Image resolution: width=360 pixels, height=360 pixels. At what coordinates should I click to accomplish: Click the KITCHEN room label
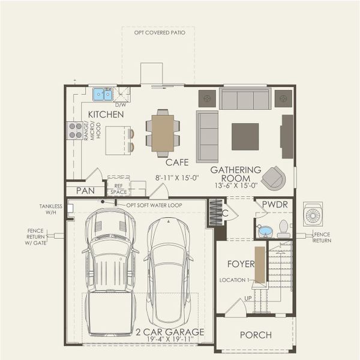(x=106, y=114)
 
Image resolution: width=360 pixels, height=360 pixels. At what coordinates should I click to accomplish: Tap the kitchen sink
(x=103, y=94)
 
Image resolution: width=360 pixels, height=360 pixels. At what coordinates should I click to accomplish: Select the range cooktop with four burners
(x=75, y=130)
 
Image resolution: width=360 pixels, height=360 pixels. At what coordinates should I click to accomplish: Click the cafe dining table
(x=163, y=133)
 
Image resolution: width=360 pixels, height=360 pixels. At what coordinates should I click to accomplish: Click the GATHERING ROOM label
(x=235, y=175)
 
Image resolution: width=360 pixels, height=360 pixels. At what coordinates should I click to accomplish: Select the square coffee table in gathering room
(x=245, y=136)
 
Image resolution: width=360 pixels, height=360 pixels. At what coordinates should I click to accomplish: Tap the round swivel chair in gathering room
(x=274, y=178)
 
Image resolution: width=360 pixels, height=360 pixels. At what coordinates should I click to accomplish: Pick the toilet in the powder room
(x=283, y=228)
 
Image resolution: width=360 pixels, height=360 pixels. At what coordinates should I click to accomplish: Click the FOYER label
(x=241, y=263)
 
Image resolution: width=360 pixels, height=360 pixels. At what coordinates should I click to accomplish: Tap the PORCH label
(x=255, y=335)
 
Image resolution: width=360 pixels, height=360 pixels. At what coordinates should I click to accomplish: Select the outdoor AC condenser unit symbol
(x=313, y=214)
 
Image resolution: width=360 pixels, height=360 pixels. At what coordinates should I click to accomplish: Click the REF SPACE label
(x=119, y=189)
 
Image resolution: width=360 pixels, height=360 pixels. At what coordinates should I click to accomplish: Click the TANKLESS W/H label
(x=51, y=209)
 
